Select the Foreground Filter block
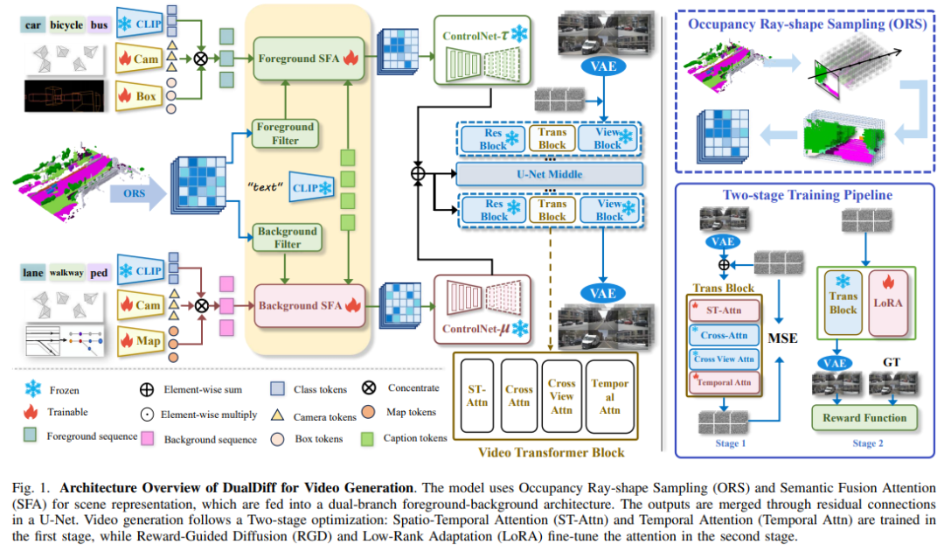point(285,132)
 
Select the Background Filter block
point(285,237)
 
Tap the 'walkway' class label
point(66,271)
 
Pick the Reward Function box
point(864,418)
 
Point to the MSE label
point(783,335)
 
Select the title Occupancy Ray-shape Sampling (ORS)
point(807,25)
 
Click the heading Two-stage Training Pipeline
point(807,195)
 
